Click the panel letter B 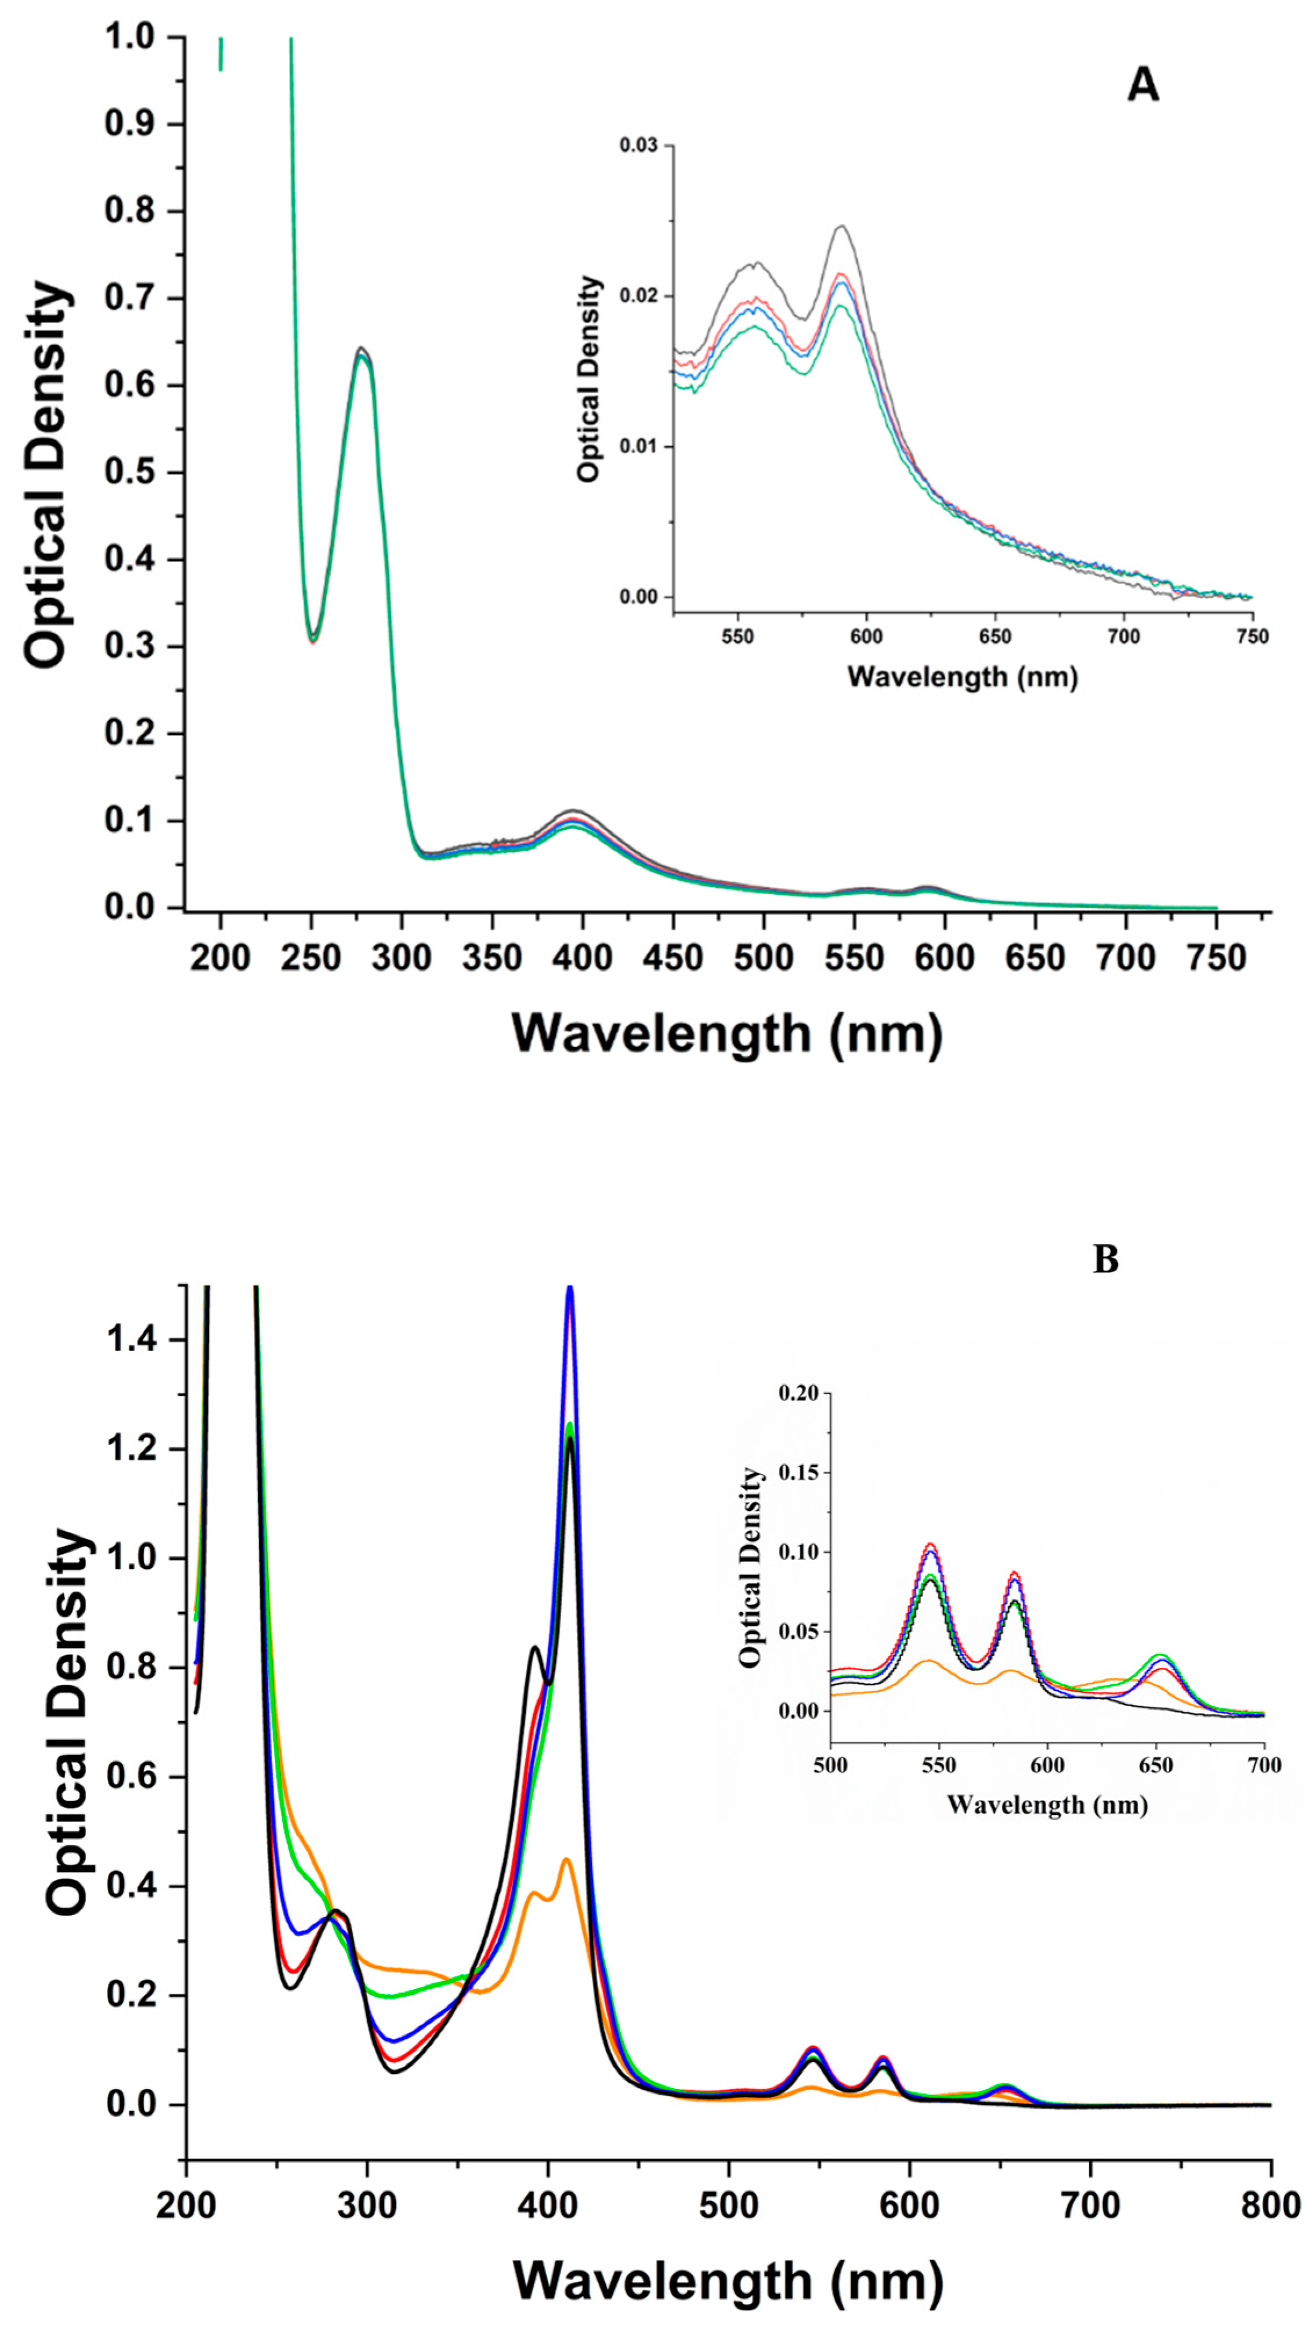(1105, 1259)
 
